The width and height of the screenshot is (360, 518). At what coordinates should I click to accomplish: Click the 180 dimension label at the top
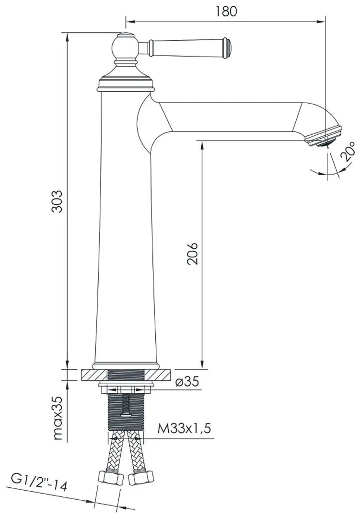coord(226,11)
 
